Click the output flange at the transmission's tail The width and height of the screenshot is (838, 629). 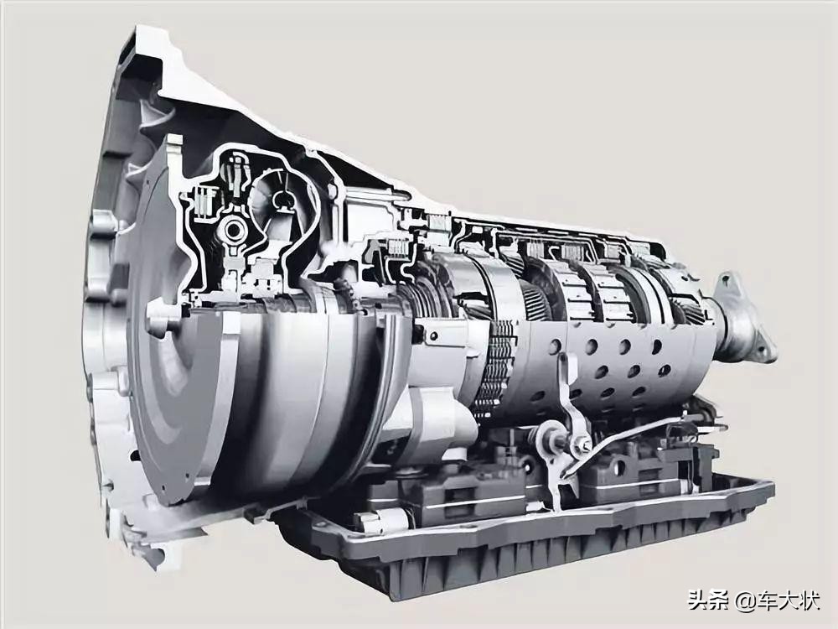point(746,321)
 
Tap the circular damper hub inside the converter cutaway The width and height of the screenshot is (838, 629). point(233,230)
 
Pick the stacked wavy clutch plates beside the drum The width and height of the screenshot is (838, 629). point(494,369)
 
